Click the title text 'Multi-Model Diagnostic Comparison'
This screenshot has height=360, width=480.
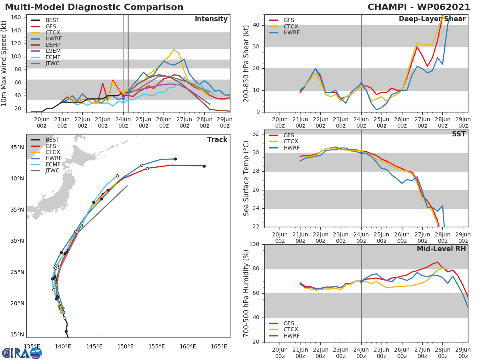pos(94,7)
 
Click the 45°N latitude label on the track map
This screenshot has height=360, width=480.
pos(17,148)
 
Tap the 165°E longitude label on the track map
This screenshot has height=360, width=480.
pos(219,346)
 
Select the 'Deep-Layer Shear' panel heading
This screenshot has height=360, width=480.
pos(432,19)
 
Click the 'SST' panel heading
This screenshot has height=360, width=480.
pos(458,134)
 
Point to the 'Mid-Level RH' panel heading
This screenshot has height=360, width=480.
pos(441,249)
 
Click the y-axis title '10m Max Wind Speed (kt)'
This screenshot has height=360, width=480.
pos(5,64)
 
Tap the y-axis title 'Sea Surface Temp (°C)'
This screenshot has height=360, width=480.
pos(246,178)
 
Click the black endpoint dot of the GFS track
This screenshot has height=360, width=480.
pos(204,166)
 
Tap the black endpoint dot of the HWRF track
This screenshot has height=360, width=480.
pos(175,159)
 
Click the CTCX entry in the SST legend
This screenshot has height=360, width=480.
pos(291,142)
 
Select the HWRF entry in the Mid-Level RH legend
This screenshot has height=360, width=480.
pos(291,336)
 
